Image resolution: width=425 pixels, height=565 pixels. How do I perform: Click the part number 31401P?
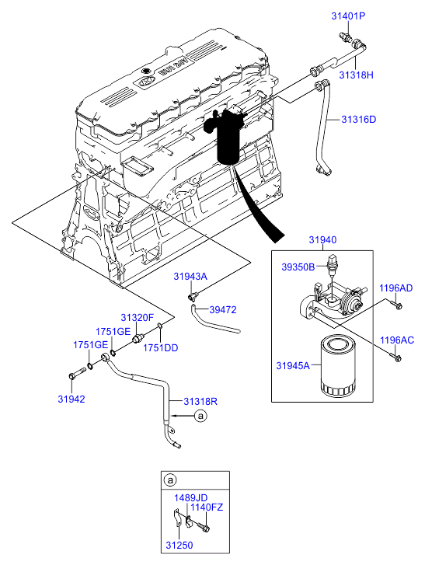(x=348, y=16)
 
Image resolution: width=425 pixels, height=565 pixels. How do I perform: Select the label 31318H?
(x=356, y=75)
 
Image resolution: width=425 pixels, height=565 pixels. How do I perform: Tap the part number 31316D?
(x=359, y=119)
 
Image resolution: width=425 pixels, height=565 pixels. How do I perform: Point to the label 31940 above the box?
(x=322, y=240)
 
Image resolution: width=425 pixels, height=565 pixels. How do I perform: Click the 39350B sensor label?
(x=298, y=267)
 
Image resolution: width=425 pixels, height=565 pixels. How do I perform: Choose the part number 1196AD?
(x=395, y=288)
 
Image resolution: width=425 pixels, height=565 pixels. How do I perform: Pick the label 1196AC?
(x=397, y=340)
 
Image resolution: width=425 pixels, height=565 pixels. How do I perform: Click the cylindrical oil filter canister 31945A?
(x=337, y=366)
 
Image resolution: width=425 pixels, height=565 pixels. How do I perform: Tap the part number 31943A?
(x=190, y=277)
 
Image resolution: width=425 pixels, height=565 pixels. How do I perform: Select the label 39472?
(x=223, y=310)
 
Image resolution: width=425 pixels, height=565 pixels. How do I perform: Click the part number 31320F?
(x=138, y=318)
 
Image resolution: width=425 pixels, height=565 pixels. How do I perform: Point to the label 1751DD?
(x=161, y=348)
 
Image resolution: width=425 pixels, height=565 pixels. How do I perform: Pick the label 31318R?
(x=200, y=402)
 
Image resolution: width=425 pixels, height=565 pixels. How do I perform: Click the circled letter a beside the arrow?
(x=200, y=416)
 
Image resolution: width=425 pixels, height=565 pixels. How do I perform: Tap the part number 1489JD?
(x=191, y=498)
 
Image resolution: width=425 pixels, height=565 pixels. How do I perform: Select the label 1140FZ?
(x=207, y=507)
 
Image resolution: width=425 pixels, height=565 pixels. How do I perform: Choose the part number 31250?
(x=179, y=546)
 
